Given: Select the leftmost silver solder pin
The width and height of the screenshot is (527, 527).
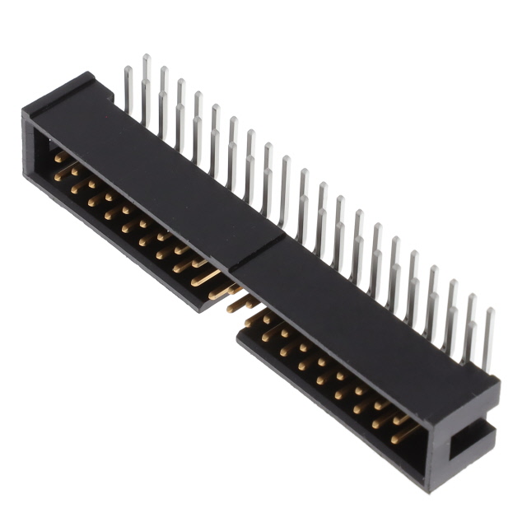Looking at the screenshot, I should pos(128,91).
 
